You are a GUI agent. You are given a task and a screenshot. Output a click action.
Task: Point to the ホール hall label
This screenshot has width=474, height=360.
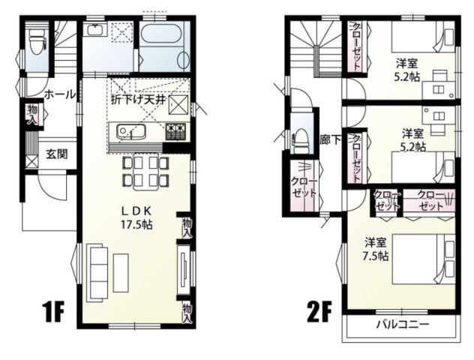pyautogui.click(x=60, y=94)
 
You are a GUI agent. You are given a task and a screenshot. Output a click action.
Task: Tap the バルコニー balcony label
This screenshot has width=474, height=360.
pyautogui.click(x=403, y=325)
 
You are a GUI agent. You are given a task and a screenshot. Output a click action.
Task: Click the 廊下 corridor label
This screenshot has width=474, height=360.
pyautogui.click(x=329, y=139)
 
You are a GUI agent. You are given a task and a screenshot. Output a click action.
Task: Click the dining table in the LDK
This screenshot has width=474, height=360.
pyautogui.click(x=140, y=170)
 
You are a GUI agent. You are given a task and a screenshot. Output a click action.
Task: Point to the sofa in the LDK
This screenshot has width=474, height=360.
pyautogui.click(x=97, y=269)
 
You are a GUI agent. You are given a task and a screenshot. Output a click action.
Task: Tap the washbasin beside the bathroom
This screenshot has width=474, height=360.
pyautogui.click(x=95, y=31)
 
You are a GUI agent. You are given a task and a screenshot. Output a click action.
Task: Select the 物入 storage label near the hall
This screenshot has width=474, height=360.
pyautogui.click(x=32, y=115)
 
